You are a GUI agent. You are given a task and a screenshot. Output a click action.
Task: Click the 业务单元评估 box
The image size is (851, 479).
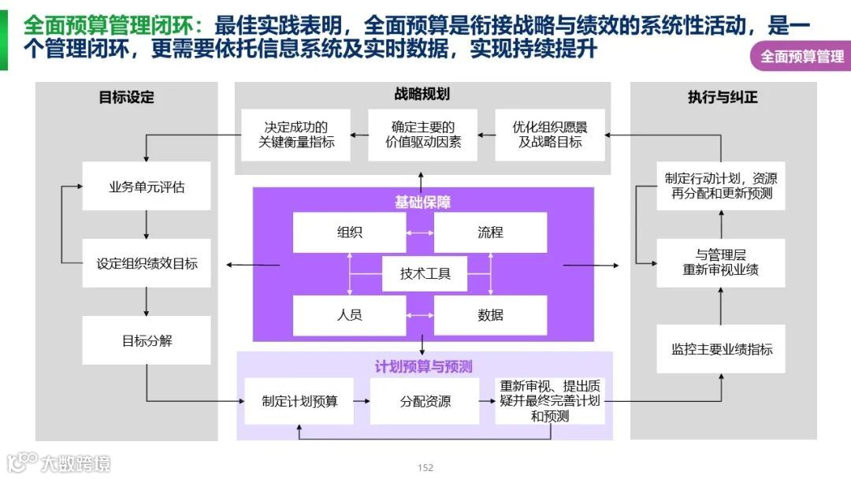click(x=147, y=187)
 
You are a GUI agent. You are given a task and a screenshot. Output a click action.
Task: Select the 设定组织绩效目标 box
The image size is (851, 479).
click(x=147, y=264)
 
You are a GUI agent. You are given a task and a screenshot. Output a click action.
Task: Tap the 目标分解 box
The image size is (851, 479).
click(x=147, y=340)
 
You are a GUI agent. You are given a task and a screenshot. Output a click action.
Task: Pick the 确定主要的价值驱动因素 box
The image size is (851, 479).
click(x=423, y=135)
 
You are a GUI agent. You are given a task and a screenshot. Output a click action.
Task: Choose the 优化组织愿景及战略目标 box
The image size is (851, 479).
click(x=550, y=135)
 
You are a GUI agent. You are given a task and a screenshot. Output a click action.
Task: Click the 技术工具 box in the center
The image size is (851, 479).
click(x=425, y=273)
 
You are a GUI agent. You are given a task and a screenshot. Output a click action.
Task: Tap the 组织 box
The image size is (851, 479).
click(x=349, y=232)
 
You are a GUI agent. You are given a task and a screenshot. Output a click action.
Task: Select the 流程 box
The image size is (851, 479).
click(x=490, y=232)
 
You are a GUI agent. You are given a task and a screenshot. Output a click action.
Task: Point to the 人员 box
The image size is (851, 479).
click(x=349, y=315)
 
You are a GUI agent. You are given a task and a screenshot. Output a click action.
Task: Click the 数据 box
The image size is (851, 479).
click(x=490, y=315)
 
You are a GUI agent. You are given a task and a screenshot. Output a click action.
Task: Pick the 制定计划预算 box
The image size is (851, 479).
click(x=299, y=401)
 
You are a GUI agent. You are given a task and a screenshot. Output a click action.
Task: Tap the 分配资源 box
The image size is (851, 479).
click(x=425, y=401)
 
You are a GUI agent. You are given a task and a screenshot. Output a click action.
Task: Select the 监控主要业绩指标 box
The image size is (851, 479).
click(x=721, y=349)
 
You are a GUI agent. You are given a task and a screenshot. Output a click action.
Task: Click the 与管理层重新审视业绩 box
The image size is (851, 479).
click(x=721, y=262)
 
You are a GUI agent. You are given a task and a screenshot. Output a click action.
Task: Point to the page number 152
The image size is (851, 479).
click(x=425, y=468)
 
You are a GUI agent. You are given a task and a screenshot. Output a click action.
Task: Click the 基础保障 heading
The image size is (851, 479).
click(x=423, y=202)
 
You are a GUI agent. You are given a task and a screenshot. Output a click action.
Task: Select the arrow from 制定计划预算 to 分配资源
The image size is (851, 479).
click(x=362, y=401)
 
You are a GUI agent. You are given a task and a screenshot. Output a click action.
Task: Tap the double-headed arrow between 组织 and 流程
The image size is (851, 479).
click(x=420, y=232)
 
